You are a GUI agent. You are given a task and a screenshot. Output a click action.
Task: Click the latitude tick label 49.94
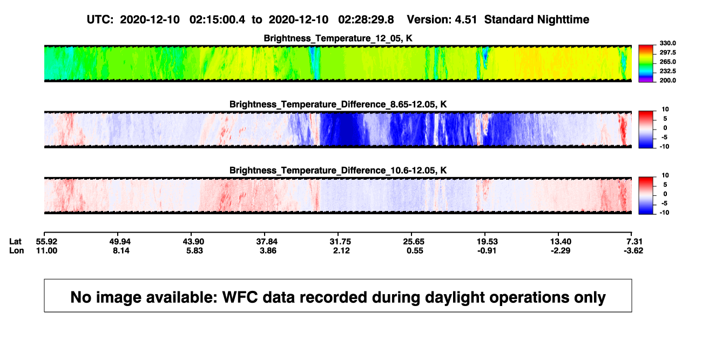pos(120,242)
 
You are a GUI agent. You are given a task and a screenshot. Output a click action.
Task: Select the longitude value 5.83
pos(194,250)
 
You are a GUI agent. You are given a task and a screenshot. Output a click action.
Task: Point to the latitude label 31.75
pos(340,242)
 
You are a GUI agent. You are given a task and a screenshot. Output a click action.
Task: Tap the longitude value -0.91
pos(487,250)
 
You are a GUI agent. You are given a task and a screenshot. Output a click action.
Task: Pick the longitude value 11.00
pos(46,250)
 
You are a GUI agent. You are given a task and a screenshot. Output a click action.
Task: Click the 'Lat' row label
pos(15,242)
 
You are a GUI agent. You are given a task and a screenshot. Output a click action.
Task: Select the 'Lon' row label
pos(17,250)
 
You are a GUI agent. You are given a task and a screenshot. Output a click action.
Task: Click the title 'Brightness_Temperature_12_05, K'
pos(338,38)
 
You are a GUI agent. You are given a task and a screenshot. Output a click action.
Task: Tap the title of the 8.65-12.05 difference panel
pos(338,104)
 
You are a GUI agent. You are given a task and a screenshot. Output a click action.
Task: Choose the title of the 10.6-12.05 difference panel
pos(338,171)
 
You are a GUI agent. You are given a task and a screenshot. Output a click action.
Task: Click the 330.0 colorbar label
pos(667,43)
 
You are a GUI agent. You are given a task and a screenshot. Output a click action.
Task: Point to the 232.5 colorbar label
pos(667,71)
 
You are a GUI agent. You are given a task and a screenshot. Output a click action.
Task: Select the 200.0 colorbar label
pos(667,80)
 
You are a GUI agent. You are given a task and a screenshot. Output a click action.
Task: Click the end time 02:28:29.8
pos(366,19)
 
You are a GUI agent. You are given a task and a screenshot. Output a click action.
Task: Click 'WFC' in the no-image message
pos(240,297)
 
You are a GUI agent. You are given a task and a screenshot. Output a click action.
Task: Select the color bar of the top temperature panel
pos(646,64)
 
